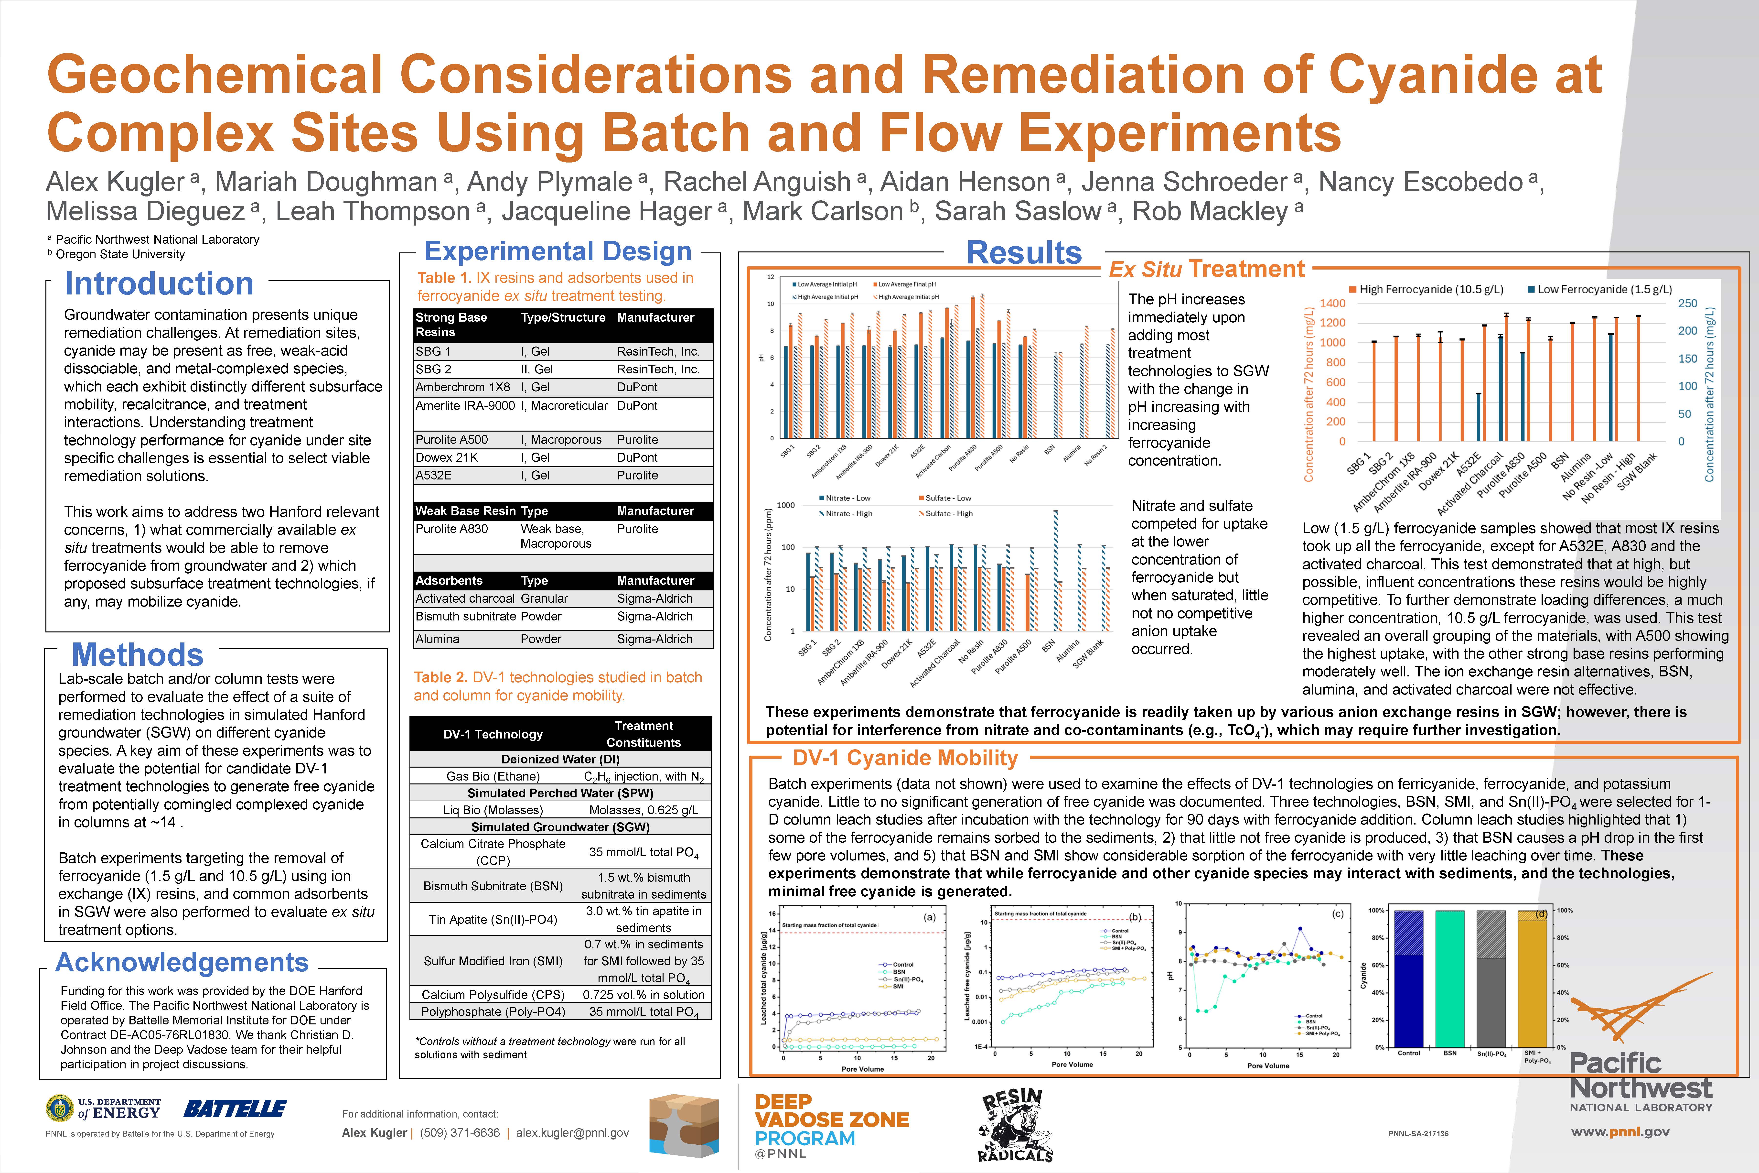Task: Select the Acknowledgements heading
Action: (182, 962)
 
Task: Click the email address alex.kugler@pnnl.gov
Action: (572, 1133)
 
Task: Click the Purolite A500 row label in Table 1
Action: (452, 439)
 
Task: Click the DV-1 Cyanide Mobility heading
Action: (905, 759)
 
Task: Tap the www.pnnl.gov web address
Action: (1620, 1132)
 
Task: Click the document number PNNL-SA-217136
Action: (1418, 1133)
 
